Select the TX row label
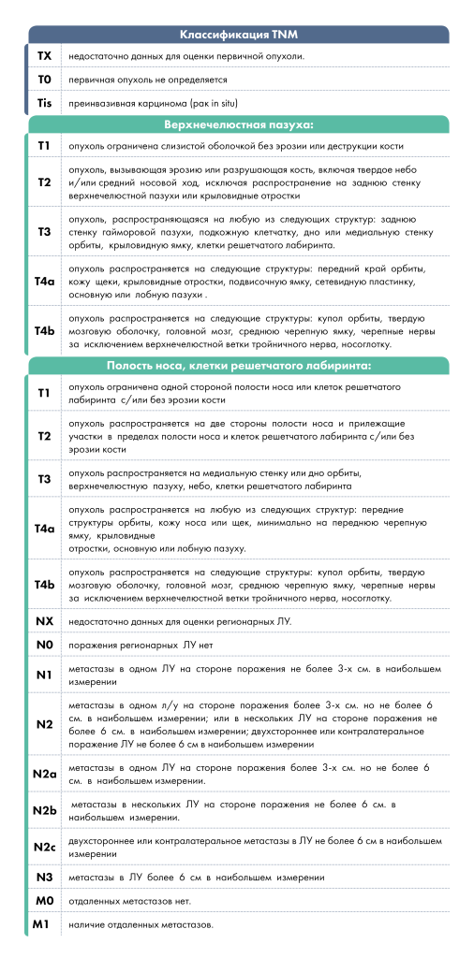[x=44, y=57]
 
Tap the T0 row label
[x=44, y=80]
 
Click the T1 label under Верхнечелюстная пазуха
[x=44, y=147]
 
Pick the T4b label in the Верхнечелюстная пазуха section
[x=44, y=331]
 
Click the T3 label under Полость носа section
[x=44, y=480]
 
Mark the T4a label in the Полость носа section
[x=44, y=529]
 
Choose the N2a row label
[x=44, y=773]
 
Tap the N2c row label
[x=44, y=848]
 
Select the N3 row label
[x=44, y=878]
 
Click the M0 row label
[x=44, y=902]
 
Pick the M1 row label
[x=44, y=925]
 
